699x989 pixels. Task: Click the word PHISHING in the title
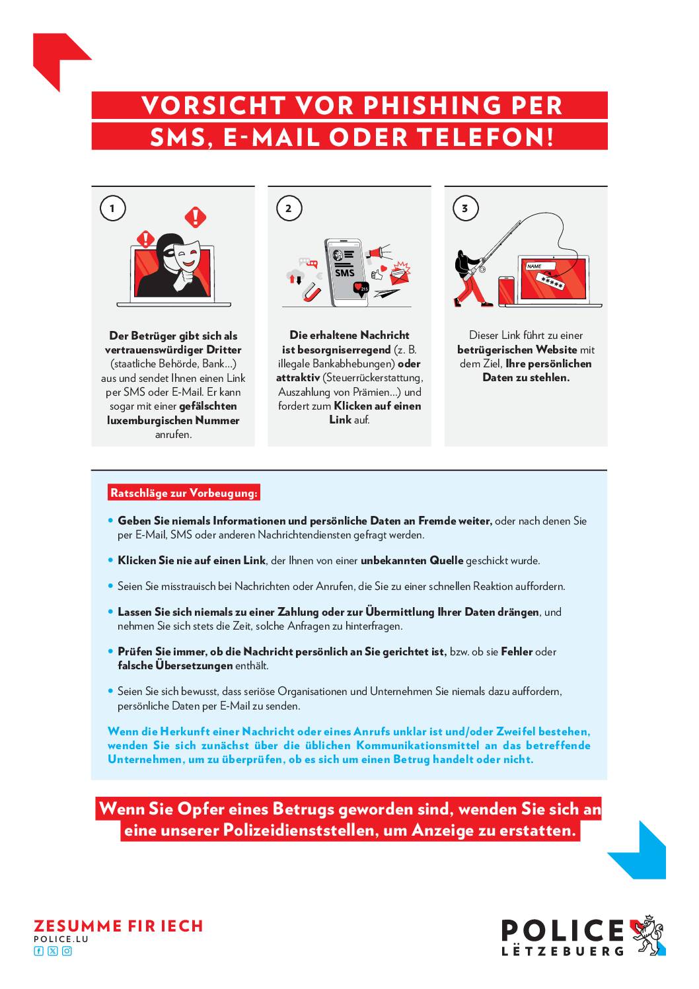[x=432, y=106]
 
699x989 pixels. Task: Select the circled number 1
[x=112, y=208]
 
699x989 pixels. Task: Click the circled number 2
[x=289, y=208]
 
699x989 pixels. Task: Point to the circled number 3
[x=465, y=208]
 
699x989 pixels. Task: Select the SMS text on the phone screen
[x=344, y=273]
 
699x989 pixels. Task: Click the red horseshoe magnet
[x=312, y=292]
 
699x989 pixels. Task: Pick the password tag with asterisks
[x=550, y=281]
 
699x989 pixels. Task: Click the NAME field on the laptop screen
[x=540, y=266]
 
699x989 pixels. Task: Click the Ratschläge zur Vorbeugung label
[x=184, y=493]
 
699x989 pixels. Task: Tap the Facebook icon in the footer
[x=38, y=951]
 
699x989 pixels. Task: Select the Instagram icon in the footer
[x=67, y=951]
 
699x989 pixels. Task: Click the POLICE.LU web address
[x=61, y=939]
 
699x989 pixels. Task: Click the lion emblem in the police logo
[x=647, y=935]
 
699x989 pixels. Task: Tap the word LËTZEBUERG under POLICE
[x=562, y=951]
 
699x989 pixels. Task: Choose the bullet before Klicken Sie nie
[x=111, y=560]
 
